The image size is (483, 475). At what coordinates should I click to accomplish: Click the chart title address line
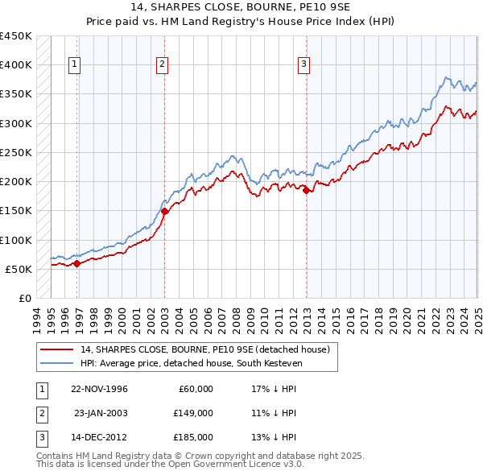click(242, 8)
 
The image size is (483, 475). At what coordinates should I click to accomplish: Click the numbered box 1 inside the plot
click(74, 65)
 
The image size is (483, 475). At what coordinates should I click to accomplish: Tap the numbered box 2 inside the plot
click(162, 65)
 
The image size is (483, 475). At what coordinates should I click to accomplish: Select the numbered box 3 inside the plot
click(304, 65)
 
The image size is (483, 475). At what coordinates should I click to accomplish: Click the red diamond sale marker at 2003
click(164, 211)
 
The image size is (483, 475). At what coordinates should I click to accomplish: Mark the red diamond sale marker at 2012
click(307, 190)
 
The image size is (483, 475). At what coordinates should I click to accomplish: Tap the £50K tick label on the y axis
click(19, 269)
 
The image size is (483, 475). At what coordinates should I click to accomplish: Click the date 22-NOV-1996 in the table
click(99, 389)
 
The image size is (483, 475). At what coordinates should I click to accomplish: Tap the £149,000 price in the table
click(193, 413)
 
